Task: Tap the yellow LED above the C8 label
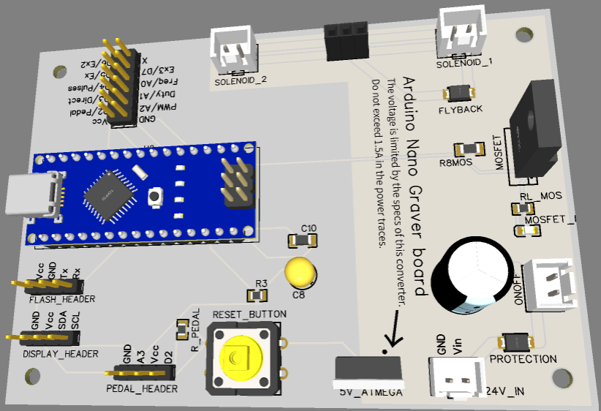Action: point(300,272)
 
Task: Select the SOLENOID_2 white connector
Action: point(234,50)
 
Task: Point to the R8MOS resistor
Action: point(469,149)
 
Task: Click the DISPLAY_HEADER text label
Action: point(60,354)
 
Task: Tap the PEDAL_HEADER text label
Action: point(142,388)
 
